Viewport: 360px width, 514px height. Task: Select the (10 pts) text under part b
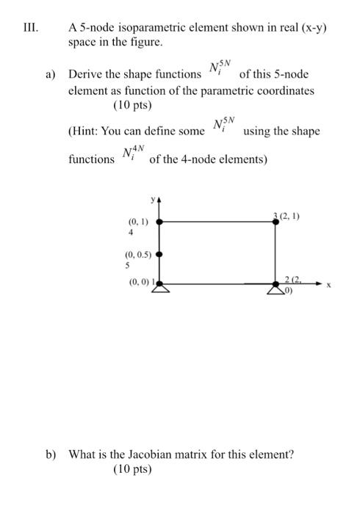coord(133,468)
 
